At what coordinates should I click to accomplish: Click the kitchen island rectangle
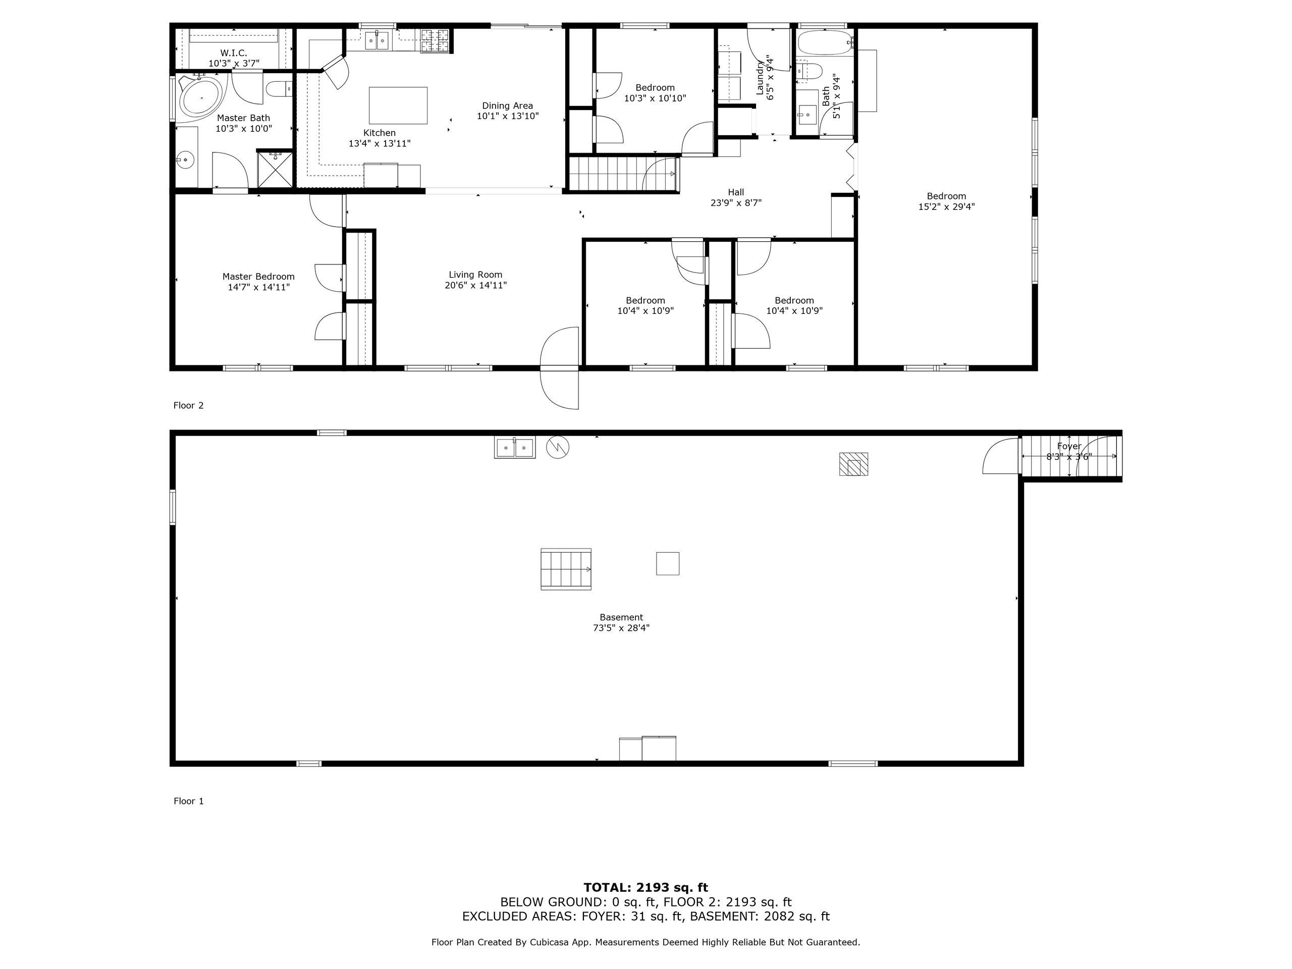tap(398, 105)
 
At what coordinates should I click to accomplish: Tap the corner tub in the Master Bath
tap(200, 97)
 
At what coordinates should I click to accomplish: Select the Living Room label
tap(475, 275)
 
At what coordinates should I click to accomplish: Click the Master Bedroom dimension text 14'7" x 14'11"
tap(259, 287)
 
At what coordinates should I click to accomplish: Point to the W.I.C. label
tap(234, 53)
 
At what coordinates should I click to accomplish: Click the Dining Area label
tap(507, 105)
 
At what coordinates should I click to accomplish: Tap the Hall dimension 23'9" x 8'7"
tap(736, 203)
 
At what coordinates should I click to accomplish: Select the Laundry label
tap(761, 78)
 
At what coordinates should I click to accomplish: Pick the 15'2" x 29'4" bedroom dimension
tap(946, 206)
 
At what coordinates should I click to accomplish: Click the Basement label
tap(621, 617)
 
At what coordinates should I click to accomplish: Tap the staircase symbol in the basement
tap(566, 569)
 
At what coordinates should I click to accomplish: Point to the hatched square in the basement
tap(853, 464)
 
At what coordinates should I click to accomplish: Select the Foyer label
tap(1069, 446)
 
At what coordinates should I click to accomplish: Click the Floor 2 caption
tap(188, 405)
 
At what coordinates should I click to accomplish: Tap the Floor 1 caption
tap(188, 801)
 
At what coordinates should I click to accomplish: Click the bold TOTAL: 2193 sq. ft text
tap(645, 888)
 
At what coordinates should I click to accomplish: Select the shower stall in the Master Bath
tap(275, 169)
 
